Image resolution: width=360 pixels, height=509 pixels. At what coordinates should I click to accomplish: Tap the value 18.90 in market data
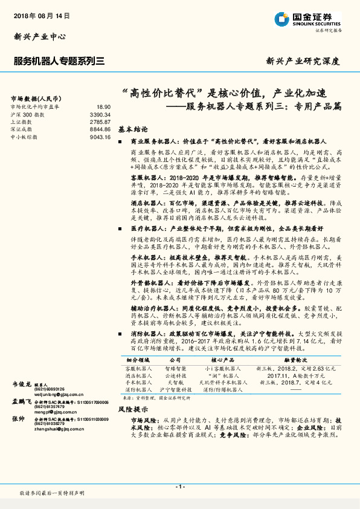[103, 106]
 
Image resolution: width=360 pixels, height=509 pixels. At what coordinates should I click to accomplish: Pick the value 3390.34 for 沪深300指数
[100, 114]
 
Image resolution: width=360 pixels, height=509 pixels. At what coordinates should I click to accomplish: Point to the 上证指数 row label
[23, 122]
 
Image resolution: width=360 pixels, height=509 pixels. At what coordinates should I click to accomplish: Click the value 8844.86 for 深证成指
[100, 129]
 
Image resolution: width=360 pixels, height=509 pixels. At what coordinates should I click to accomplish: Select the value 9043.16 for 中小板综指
[100, 137]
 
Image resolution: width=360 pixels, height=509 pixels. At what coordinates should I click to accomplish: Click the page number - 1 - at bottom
[179, 487]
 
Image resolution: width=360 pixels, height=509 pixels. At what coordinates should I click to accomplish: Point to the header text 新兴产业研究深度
[303, 61]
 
